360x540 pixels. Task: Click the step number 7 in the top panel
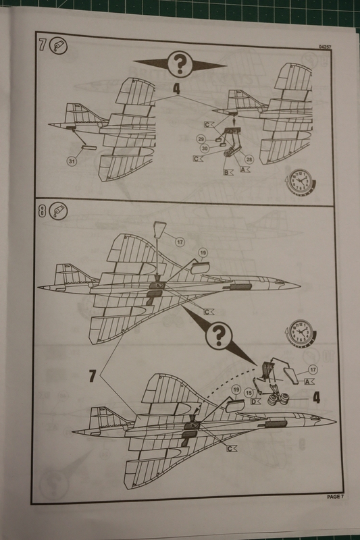(42, 45)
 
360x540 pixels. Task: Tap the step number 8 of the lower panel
(42, 211)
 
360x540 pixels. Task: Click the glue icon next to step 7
(58, 46)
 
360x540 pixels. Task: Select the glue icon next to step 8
(58, 211)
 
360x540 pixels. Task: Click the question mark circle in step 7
(180, 63)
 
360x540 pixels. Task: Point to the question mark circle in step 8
(217, 334)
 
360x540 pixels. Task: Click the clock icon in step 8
(301, 333)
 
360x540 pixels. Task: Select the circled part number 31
(72, 161)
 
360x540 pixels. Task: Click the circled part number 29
(201, 139)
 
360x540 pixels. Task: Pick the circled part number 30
(205, 148)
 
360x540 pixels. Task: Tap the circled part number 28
(249, 159)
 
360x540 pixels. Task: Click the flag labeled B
(228, 172)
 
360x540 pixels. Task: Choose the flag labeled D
(255, 402)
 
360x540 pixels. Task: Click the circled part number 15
(249, 392)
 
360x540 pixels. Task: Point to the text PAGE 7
(335, 497)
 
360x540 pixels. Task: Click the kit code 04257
(325, 47)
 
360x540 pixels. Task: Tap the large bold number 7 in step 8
(93, 376)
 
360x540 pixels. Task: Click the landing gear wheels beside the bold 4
(278, 400)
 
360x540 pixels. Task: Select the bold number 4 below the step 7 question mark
(176, 89)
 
